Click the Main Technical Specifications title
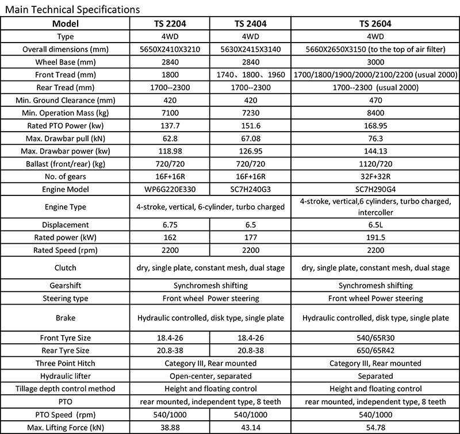click(x=71, y=9)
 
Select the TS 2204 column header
click(x=170, y=24)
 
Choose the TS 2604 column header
click(x=375, y=24)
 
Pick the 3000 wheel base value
click(x=375, y=62)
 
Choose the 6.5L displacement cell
click(x=375, y=225)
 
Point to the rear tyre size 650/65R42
click(x=375, y=351)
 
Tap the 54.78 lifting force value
click(x=375, y=427)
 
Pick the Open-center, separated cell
click(x=210, y=376)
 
